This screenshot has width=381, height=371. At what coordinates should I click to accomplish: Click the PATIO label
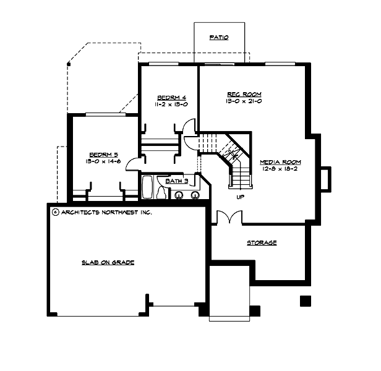[x=219, y=38]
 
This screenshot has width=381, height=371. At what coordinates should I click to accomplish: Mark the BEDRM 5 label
[x=104, y=154]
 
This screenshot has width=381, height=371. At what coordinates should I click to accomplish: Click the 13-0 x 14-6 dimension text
[x=104, y=161]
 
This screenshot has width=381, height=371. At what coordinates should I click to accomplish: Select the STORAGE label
[x=262, y=243]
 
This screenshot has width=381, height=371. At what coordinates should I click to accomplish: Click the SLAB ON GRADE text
[x=108, y=262]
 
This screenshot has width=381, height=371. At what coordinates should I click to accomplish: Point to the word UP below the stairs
[x=240, y=198]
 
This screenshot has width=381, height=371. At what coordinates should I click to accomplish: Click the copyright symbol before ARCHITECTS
[x=55, y=211]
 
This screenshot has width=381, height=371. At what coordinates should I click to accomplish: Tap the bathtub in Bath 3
[x=148, y=187]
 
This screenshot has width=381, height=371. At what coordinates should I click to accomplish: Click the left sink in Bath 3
[x=179, y=196]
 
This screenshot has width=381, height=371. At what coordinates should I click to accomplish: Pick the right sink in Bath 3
[x=195, y=196]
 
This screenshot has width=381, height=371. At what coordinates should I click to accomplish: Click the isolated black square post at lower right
[x=304, y=301]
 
